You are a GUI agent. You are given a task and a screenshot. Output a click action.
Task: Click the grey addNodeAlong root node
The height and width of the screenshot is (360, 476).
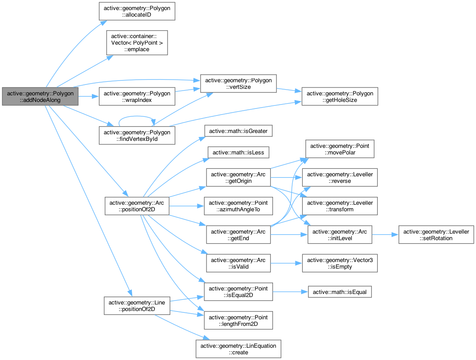pos(40,96)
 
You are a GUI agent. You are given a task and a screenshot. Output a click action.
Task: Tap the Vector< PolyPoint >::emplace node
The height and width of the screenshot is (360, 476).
pos(137,42)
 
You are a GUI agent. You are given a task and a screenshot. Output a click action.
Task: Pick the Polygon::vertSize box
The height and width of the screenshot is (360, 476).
pos(238,83)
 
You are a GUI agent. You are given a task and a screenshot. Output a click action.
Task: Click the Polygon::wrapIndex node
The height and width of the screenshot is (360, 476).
pos(137,96)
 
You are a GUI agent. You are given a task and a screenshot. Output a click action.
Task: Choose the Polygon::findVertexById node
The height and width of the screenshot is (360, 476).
pos(137,136)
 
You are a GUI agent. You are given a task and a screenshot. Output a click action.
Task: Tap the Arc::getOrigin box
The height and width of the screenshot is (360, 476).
pos(238,177)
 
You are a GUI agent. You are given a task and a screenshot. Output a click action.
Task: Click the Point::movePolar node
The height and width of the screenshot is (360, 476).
pos(339,149)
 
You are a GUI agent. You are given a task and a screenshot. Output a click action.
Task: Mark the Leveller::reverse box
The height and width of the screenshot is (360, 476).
pos(339,177)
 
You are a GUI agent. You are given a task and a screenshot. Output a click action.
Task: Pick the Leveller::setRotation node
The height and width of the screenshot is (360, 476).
pos(436,235)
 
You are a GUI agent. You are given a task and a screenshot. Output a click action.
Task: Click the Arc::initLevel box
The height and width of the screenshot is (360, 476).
pos(339,235)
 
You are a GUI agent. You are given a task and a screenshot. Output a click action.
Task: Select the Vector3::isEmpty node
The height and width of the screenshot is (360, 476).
pos(339,263)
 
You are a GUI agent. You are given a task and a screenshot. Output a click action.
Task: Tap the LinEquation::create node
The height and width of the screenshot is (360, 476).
pos(238,349)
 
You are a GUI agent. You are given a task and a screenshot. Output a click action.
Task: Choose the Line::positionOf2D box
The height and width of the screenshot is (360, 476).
pos(137,305)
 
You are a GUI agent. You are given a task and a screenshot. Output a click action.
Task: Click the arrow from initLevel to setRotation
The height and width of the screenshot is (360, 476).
pos(385,235)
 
